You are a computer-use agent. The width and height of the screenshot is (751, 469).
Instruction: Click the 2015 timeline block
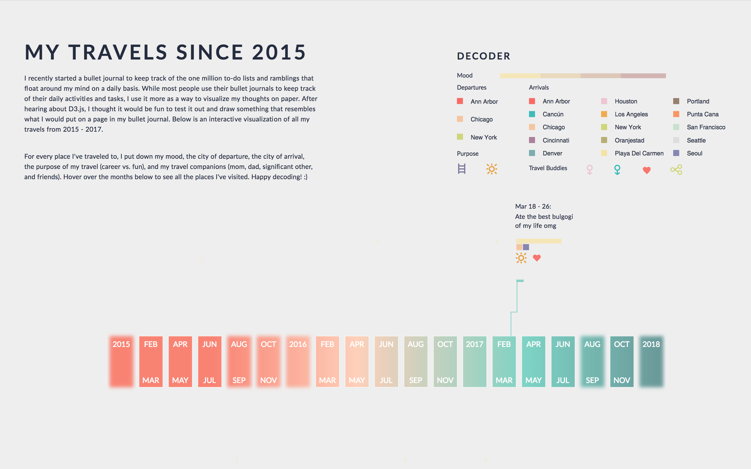point(121,361)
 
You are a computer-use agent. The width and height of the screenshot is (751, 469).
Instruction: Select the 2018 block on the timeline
point(651,361)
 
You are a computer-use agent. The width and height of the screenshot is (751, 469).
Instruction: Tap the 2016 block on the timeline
point(298,361)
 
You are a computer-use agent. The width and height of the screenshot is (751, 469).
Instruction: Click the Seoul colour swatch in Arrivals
point(676,153)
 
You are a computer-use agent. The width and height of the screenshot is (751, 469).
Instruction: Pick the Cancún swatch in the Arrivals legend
point(532,114)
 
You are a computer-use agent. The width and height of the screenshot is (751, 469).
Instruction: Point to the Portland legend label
point(698,101)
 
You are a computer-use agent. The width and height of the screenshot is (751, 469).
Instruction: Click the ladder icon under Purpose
point(461,169)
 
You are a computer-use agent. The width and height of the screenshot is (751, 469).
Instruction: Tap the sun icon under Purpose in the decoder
point(491,169)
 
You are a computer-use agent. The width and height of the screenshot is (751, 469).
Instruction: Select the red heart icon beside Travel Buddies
point(646,170)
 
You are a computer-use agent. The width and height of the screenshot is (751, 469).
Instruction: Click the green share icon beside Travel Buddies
point(676,170)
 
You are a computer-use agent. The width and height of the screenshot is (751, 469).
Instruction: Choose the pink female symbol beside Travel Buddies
point(589,170)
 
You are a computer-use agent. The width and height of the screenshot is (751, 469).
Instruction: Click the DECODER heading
point(483,56)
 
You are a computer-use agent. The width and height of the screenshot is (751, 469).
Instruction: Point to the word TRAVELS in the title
point(118,52)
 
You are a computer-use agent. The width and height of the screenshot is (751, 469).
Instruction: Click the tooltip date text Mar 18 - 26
point(533,207)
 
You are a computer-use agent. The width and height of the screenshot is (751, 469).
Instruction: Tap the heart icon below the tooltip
point(537,258)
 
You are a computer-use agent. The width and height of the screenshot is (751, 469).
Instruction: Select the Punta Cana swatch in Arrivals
point(676,114)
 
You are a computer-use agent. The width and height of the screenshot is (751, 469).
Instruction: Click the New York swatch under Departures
point(460,137)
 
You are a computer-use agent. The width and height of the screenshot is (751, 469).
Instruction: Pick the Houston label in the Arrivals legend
point(626,101)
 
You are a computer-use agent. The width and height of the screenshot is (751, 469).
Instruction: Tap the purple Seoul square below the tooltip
point(526,247)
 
